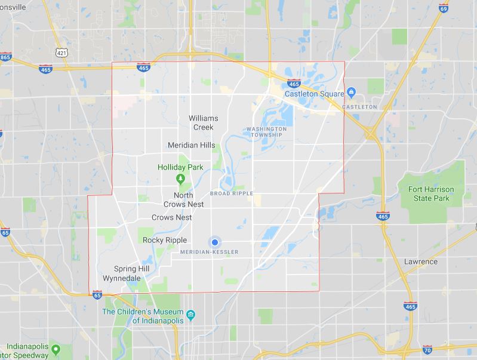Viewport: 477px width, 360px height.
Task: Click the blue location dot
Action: coord(214,242)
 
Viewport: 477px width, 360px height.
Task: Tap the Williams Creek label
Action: coord(203,122)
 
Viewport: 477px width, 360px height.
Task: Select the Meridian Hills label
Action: coord(191,145)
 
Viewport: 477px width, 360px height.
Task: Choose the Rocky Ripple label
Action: coord(165,240)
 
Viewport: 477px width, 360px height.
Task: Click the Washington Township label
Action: coord(266,132)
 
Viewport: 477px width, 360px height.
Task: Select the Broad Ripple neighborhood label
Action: coord(232,193)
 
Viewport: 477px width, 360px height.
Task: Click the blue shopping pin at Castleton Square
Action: coord(352,93)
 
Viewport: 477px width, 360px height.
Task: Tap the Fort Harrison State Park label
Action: coord(431,193)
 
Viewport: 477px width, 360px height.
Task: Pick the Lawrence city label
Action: coord(421,261)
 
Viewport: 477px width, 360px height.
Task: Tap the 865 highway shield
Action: coord(5,57)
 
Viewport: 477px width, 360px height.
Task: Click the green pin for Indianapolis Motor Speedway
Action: coord(55,349)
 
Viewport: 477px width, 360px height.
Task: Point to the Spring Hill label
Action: coord(136,269)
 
